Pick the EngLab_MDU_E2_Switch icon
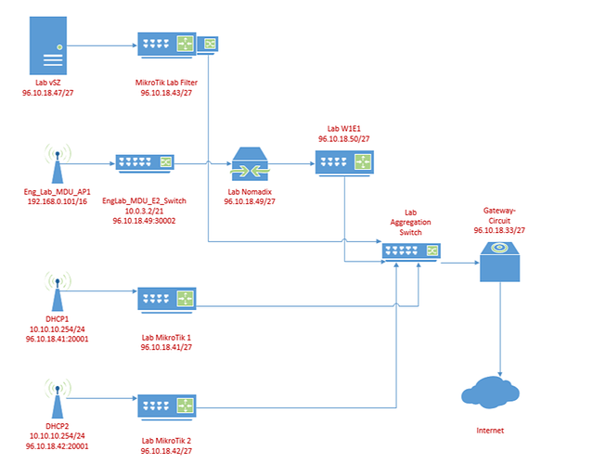tap(144, 163)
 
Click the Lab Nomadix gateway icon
tap(250, 165)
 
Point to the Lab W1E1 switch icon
tap(342, 163)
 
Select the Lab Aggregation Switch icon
tap(410, 251)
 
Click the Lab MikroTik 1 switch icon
tap(168, 299)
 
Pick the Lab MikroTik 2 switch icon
tap(168, 406)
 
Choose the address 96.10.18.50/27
tap(344, 138)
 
